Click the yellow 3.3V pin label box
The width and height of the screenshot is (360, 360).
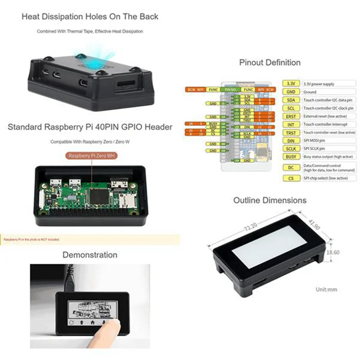click(291, 84)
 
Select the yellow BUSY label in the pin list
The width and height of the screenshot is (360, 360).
click(291, 156)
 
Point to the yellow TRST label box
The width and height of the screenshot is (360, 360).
click(291, 133)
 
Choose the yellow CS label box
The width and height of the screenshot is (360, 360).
click(291, 178)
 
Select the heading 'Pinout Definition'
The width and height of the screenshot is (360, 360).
click(270, 63)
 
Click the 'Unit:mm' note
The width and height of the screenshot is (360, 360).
click(326, 289)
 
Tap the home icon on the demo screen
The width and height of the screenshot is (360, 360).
click(92, 322)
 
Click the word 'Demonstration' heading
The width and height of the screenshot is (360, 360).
click(90, 255)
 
